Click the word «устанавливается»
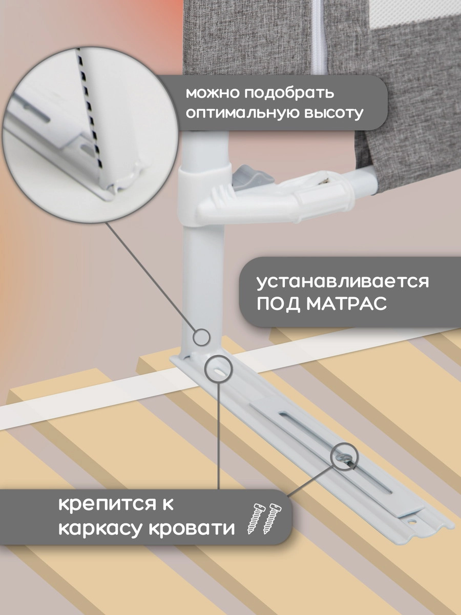342,282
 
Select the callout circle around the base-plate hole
218,368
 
